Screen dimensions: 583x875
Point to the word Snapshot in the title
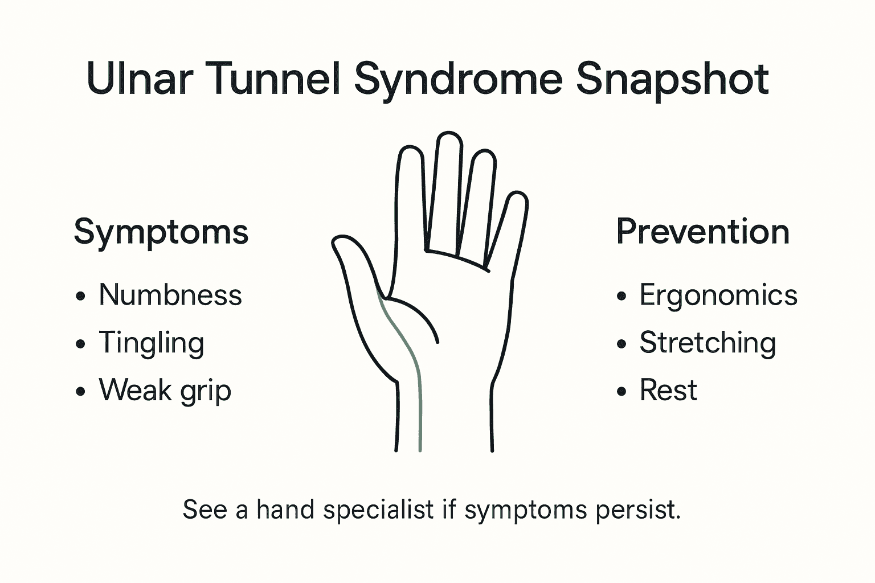(x=672, y=80)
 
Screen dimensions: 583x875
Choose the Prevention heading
(x=703, y=232)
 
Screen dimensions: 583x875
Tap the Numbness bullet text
(x=170, y=295)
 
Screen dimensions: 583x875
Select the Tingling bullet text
(x=152, y=343)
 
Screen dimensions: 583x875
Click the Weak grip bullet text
(x=165, y=391)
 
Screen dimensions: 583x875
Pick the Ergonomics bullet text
(x=718, y=295)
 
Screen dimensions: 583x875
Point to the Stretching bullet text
(x=708, y=343)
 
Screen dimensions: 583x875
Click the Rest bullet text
(x=668, y=391)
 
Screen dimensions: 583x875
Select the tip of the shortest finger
(x=517, y=196)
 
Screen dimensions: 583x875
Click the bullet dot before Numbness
(x=80, y=297)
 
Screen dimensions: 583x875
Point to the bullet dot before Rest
(x=622, y=392)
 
